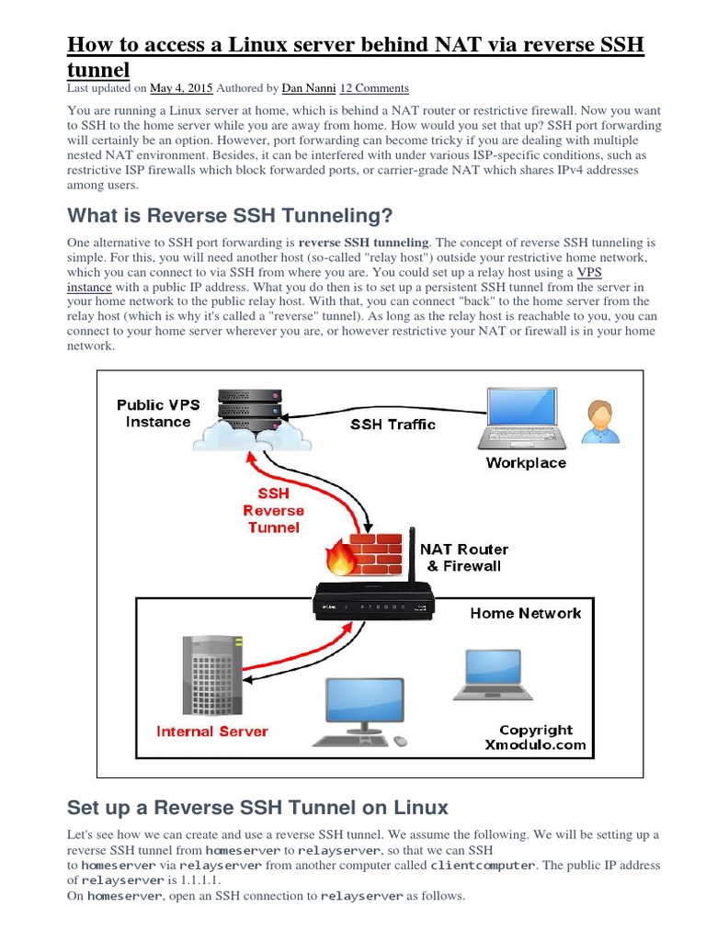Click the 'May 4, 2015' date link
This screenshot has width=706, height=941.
(181, 88)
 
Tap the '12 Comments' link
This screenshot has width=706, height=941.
(374, 88)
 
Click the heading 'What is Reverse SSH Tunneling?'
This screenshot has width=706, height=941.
(230, 216)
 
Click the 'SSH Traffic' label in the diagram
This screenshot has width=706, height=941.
(393, 425)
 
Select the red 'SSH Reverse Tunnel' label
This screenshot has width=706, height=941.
(273, 511)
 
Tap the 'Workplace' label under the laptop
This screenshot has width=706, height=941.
(526, 463)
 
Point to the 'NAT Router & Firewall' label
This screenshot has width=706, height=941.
(463, 558)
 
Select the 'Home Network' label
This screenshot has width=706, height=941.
(526, 613)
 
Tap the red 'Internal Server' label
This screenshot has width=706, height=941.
(212, 731)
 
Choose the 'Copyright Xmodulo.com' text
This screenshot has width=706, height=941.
(535, 737)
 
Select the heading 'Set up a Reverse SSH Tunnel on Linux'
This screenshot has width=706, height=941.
(257, 808)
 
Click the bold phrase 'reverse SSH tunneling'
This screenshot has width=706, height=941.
(364, 243)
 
